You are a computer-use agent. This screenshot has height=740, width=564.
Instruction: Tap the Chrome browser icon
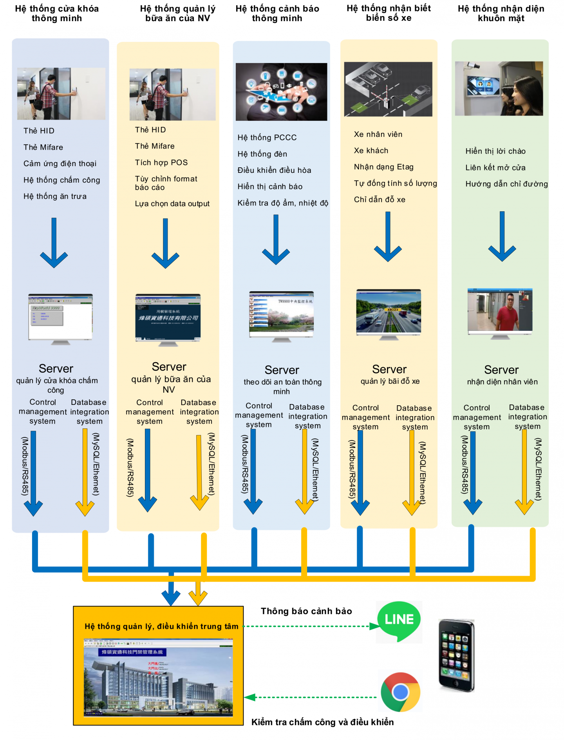click(400, 692)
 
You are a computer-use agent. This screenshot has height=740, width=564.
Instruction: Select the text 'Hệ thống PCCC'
click(267, 138)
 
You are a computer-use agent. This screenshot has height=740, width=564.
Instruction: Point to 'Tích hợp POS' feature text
click(161, 163)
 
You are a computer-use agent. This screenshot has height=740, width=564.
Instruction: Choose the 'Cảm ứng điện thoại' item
click(60, 164)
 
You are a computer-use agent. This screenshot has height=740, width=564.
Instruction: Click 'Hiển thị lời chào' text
click(495, 151)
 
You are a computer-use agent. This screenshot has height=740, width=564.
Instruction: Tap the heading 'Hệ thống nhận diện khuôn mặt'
click(501, 13)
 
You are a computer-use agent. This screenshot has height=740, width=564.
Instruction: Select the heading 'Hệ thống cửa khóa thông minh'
click(57, 13)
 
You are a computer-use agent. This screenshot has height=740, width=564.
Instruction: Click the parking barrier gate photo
click(388, 89)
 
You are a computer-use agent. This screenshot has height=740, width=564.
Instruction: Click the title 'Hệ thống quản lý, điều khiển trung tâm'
click(161, 626)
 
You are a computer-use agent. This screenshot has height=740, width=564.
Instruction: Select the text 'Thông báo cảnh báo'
click(306, 611)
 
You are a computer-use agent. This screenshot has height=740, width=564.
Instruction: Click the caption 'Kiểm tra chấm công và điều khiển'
click(322, 722)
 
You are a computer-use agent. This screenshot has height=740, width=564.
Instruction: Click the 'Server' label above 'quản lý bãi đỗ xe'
click(389, 369)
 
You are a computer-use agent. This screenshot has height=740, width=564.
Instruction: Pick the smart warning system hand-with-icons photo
click(281, 92)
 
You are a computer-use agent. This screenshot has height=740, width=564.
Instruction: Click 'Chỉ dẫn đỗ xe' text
click(380, 200)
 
